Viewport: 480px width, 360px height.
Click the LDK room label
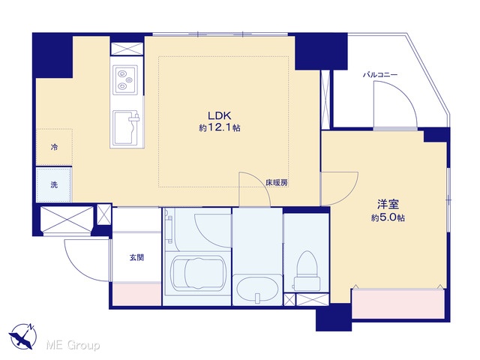[219, 115]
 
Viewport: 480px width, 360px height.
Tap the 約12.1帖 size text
[220, 127]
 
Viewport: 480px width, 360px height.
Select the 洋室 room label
[388, 204]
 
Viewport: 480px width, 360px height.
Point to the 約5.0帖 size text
[388, 217]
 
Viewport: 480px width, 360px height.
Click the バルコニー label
[380, 75]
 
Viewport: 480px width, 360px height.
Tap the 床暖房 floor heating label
[277, 183]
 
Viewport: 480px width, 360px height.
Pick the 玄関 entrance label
[136, 258]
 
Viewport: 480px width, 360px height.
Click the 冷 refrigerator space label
[54, 147]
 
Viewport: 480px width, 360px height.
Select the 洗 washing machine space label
[54, 185]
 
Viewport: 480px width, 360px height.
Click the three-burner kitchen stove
[125, 80]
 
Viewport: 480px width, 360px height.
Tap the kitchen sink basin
[126, 127]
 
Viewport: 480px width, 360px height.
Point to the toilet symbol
[307, 271]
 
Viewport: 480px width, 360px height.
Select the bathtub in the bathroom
[198, 273]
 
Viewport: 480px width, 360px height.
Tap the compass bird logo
[22, 336]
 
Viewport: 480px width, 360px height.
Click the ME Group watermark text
[73, 346]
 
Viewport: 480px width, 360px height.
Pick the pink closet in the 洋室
[398, 304]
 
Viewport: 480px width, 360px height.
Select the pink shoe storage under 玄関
[136, 295]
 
